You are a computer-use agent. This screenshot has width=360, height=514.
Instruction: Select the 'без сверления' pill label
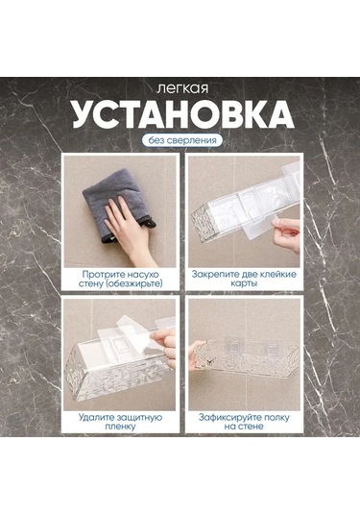pos(180,140)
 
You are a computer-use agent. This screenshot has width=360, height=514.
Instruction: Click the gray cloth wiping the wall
pos(106,203)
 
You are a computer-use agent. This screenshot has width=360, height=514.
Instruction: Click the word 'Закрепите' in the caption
pos(217,274)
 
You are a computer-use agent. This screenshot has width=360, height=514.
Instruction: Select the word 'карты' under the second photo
pos(243,284)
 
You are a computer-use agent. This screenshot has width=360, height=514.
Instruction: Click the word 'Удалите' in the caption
pos(93,418)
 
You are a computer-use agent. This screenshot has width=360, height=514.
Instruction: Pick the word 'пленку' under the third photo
pos(121,428)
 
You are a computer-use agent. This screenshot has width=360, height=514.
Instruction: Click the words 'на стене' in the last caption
pos(244,428)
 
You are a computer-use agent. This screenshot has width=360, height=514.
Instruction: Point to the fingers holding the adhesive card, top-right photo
pos(287,231)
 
